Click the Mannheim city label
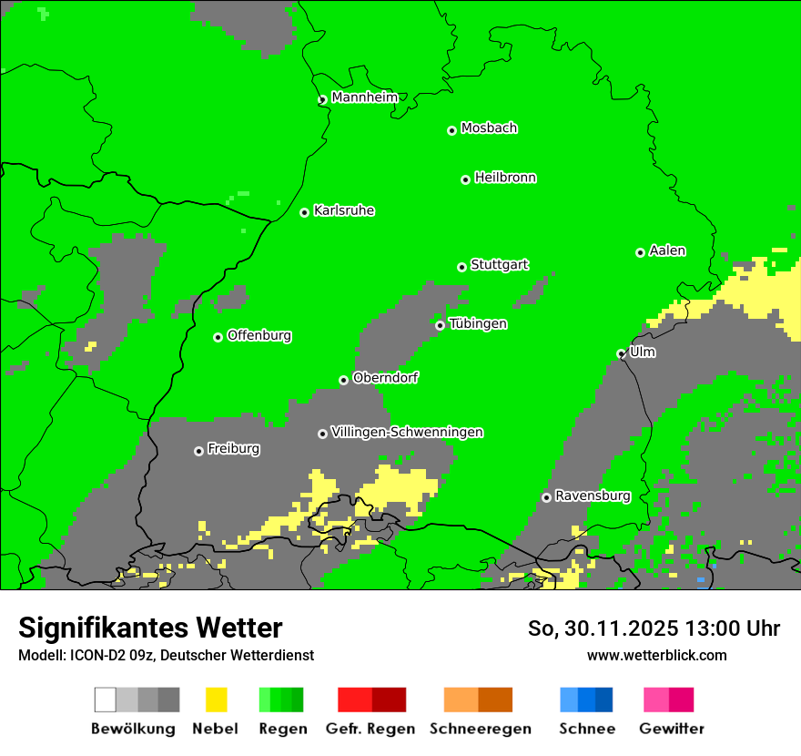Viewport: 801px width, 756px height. pos(364,97)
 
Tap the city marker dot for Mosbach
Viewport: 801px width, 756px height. pos(451,130)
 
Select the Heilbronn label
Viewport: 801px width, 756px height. pos(505,178)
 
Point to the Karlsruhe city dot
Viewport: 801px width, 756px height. pos(304,212)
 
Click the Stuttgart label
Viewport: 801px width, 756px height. pos(499,265)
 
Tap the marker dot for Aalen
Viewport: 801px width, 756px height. pos(640,252)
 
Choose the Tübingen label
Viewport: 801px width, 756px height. pos(478,323)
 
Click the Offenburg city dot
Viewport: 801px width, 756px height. pos(218,337)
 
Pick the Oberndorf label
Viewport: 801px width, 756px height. pos(385,378)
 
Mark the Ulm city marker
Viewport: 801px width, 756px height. pos(621,353)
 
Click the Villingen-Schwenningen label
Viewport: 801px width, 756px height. pos(407,432)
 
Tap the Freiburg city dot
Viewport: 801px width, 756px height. pos(198,451)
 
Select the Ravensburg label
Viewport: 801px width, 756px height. pos(593,496)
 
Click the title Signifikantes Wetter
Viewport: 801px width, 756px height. pos(150,628)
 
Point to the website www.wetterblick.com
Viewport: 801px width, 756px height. pos(656,655)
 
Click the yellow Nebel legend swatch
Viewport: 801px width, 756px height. pos(216,700)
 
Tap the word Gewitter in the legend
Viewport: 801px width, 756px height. pos(671,729)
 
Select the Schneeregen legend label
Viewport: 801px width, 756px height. pos(480,729)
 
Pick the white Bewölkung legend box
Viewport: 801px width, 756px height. pos(106,700)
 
